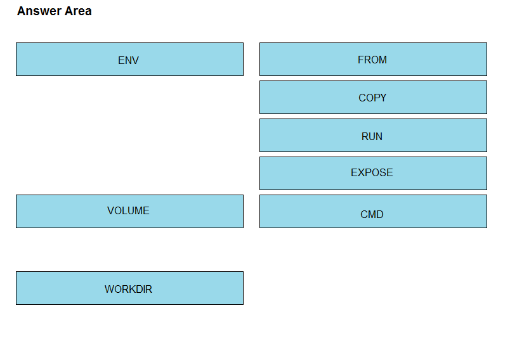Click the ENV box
pyautogui.click(x=129, y=59)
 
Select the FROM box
pyautogui.click(x=373, y=59)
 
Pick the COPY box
pyautogui.click(x=373, y=97)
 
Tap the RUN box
pyautogui.click(x=373, y=135)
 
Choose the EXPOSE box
pyautogui.click(x=373, y=173)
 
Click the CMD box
pyautogui.click(x=373, y=211)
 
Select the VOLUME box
pyautogui.click(x=129, y=211)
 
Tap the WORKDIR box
pyautogui.click(x=129, y=288)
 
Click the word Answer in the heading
pyautogui.click(x=39, y=11)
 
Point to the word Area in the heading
pyautogui.click(x=78, y=11)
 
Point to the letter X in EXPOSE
pyautogui.click(x=361, y=172)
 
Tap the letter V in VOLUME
pyautogui.click(x=110, y=210)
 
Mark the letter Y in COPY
pyautogui.click(x=383, y=98)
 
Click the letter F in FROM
pyautogui.click(x=361, y=60)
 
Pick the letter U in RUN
pyautogui.click(x=372, y=136)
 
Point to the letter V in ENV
pyautogui.click(x=135, y=60)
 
